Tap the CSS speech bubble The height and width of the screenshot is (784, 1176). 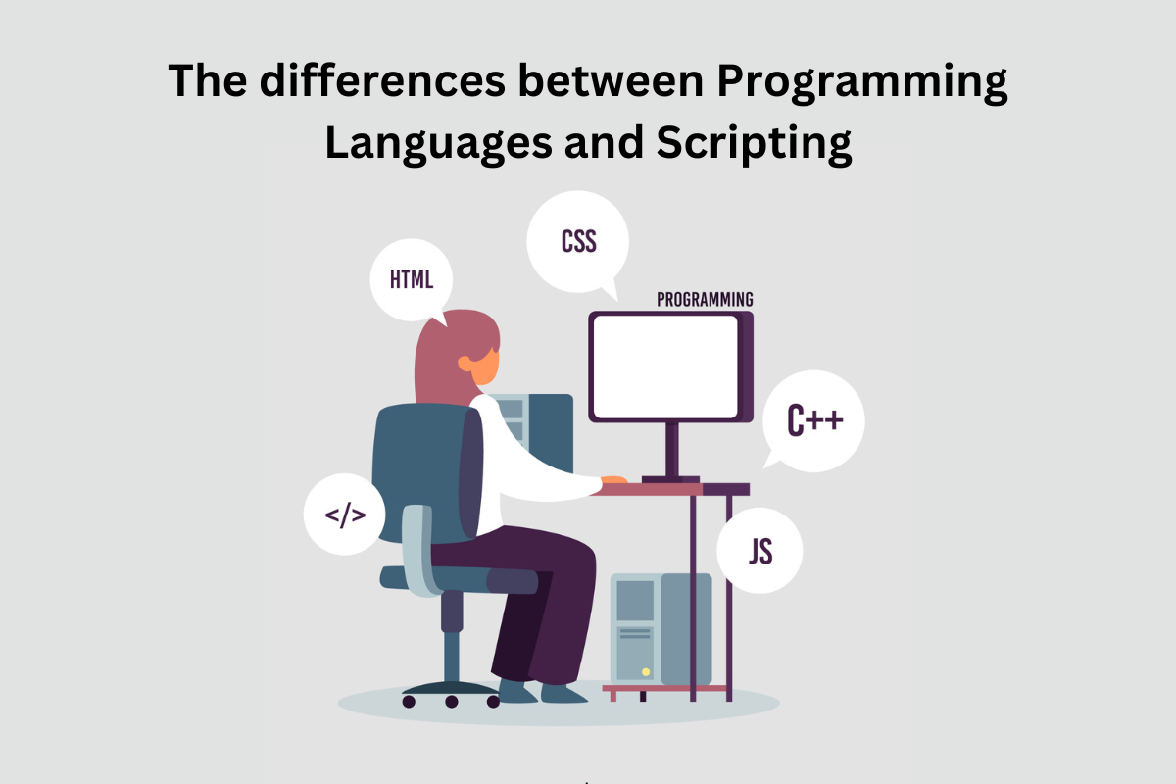tap(578, 241)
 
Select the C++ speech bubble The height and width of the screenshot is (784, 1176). tap(813, 422)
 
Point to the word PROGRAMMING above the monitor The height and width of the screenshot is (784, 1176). tap(705, 300)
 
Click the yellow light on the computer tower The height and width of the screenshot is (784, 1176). tap(646, 672)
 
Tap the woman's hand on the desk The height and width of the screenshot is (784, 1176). tap(613, 479)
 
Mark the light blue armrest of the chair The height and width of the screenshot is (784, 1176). tap(417, 549)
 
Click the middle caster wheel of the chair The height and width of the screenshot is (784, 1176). tap(452, 701)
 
